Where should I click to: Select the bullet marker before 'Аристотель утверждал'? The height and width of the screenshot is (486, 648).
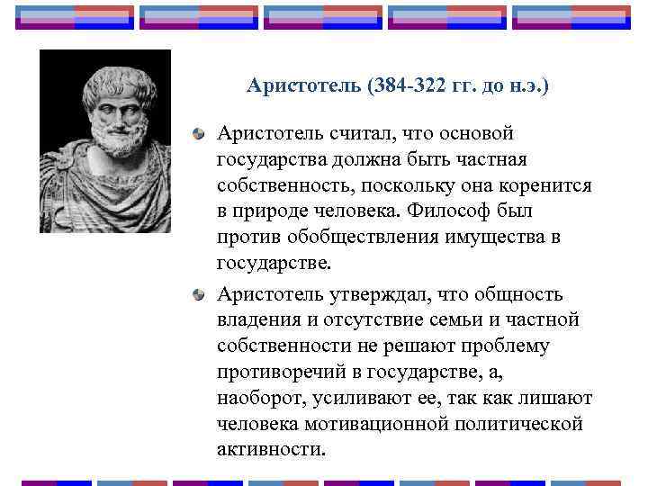198,295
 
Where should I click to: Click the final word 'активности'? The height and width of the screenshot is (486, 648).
270,450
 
